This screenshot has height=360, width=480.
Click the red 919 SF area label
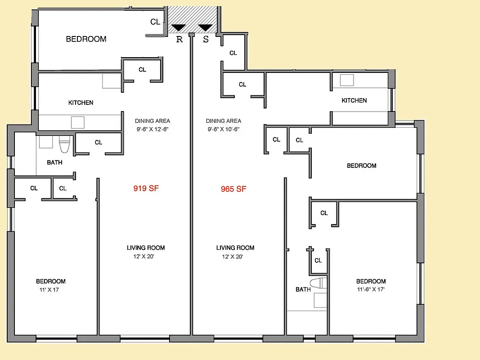pos(146,189)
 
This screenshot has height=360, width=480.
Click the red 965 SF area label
pos(233,189)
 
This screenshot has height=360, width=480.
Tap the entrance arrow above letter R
pos(179,28)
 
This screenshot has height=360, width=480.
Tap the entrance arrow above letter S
pos(205,28)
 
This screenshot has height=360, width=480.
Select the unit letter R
pos(179,39)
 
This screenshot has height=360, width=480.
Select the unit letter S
pos(206,39)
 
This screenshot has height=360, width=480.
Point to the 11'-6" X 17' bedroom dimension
pos(371,289)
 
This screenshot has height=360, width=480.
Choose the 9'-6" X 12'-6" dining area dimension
pos(153,129)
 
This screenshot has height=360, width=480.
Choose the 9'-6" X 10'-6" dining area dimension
pos(223,129)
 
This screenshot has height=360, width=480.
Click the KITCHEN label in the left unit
pos(81,103)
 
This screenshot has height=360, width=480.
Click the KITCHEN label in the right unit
pos(354,100)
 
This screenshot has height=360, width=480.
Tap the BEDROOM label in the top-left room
pos(86,39)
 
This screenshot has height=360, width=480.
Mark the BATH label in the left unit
pos(54,162)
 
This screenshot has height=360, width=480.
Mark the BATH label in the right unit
pos(303,289)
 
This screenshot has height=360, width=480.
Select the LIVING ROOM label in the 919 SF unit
pos(145,247)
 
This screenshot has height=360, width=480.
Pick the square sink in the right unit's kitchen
pos(346,80)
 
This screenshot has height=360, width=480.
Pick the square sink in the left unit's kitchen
pos(78,123)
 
